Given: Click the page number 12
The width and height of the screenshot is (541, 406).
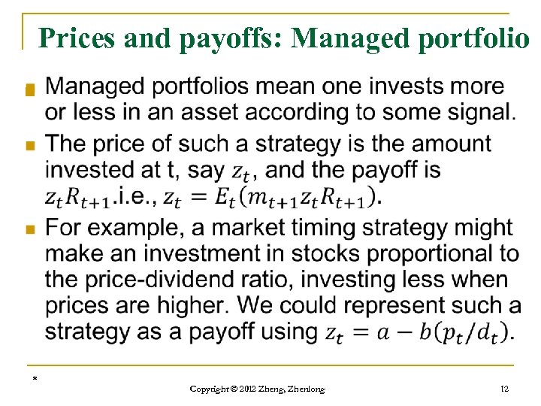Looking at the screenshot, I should (504, 388).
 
